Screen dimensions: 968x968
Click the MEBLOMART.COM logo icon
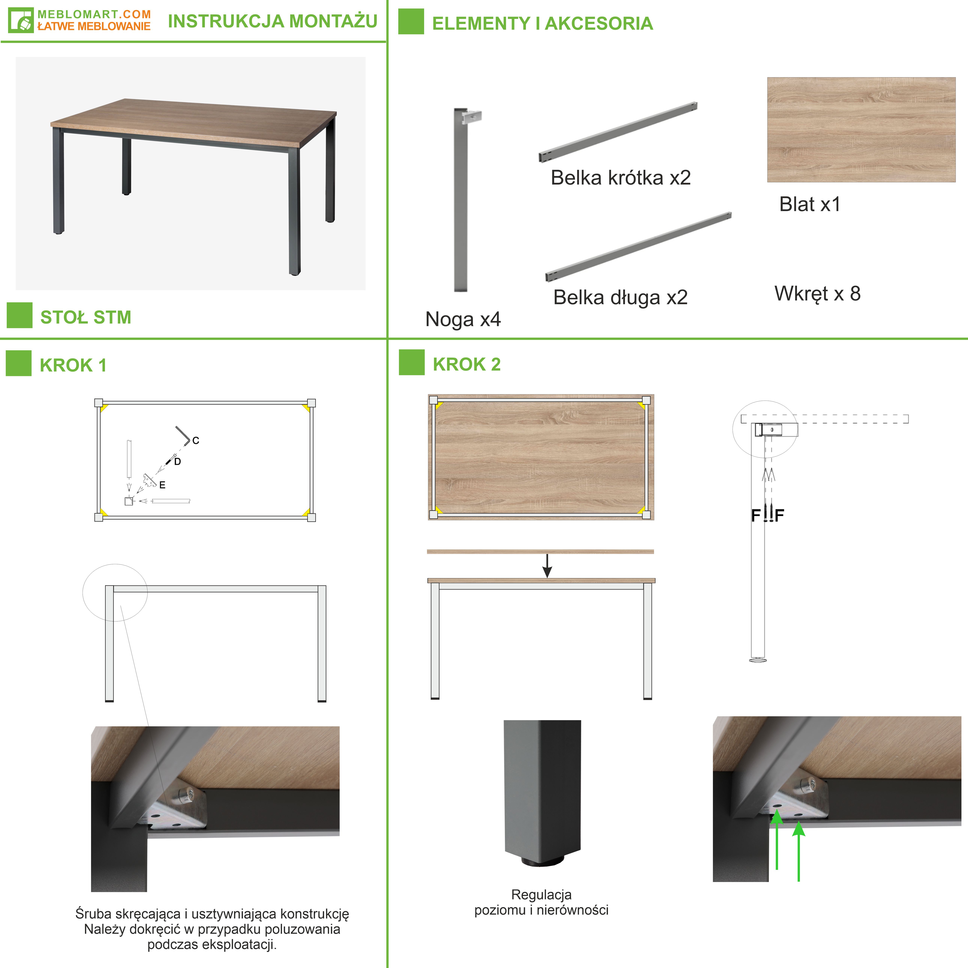coord(21,20)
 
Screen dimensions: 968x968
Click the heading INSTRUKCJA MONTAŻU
coord(273,21)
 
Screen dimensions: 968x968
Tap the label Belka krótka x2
coord(621,177)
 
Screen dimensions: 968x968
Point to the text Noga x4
coord(463,319)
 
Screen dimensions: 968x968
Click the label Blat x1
coord(810,204)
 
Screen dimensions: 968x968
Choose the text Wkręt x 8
coord(817,294)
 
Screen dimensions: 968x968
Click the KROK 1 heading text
coord(73,365)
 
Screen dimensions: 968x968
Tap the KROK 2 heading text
coord(466,364)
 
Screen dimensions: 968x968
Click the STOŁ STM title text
coord(86,317)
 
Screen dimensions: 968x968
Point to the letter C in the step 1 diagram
coord(196,440)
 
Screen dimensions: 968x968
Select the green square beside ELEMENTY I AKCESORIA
coord(411,22)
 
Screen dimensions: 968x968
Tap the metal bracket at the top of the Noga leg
coord(472,117)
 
